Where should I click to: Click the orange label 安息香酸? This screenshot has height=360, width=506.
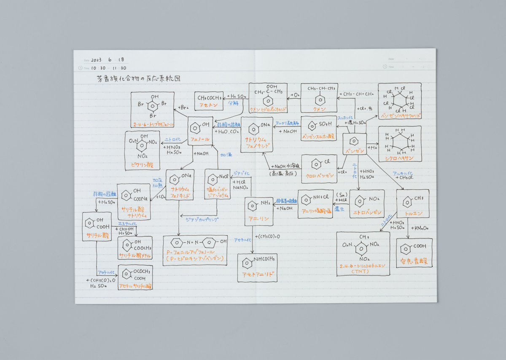point(414,261)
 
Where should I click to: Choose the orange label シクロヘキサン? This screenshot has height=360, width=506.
point(399,158)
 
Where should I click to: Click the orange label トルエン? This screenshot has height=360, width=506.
point(413,213)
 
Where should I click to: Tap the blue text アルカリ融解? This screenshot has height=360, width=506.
point(287,124)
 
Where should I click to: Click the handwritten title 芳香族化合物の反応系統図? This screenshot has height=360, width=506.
point(139,79)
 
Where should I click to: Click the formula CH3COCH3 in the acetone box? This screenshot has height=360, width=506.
point(209,98)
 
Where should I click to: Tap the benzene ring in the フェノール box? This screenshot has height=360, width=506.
point(196,126)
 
